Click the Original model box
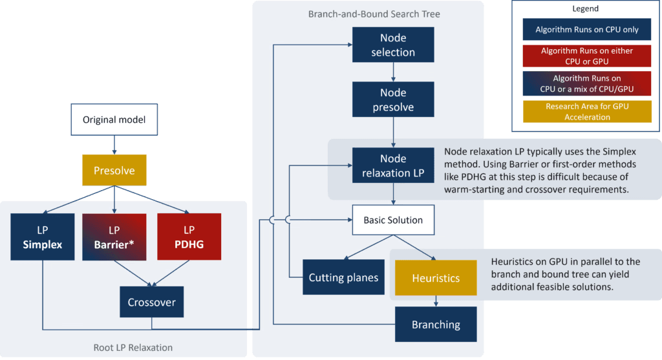(114, 120)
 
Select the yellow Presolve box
(114, 170)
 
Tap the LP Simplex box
(42, 237)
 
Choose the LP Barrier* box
(114, 237)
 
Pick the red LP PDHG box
(189, 237)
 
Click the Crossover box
(151, 302)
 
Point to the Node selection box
(393, 45)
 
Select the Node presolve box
(393, 99)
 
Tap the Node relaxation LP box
(393, 165)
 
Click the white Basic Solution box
(393, 220)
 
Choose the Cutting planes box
(343, 277)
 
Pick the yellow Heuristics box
(436, 278)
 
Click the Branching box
(436, 324)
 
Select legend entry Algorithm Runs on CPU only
(587, 30)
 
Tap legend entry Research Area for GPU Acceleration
(587, 112)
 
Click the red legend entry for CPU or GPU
(587, 56)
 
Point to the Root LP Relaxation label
(133, 347)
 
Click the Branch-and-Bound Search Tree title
(374, 14)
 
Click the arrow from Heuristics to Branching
(436, 301)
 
